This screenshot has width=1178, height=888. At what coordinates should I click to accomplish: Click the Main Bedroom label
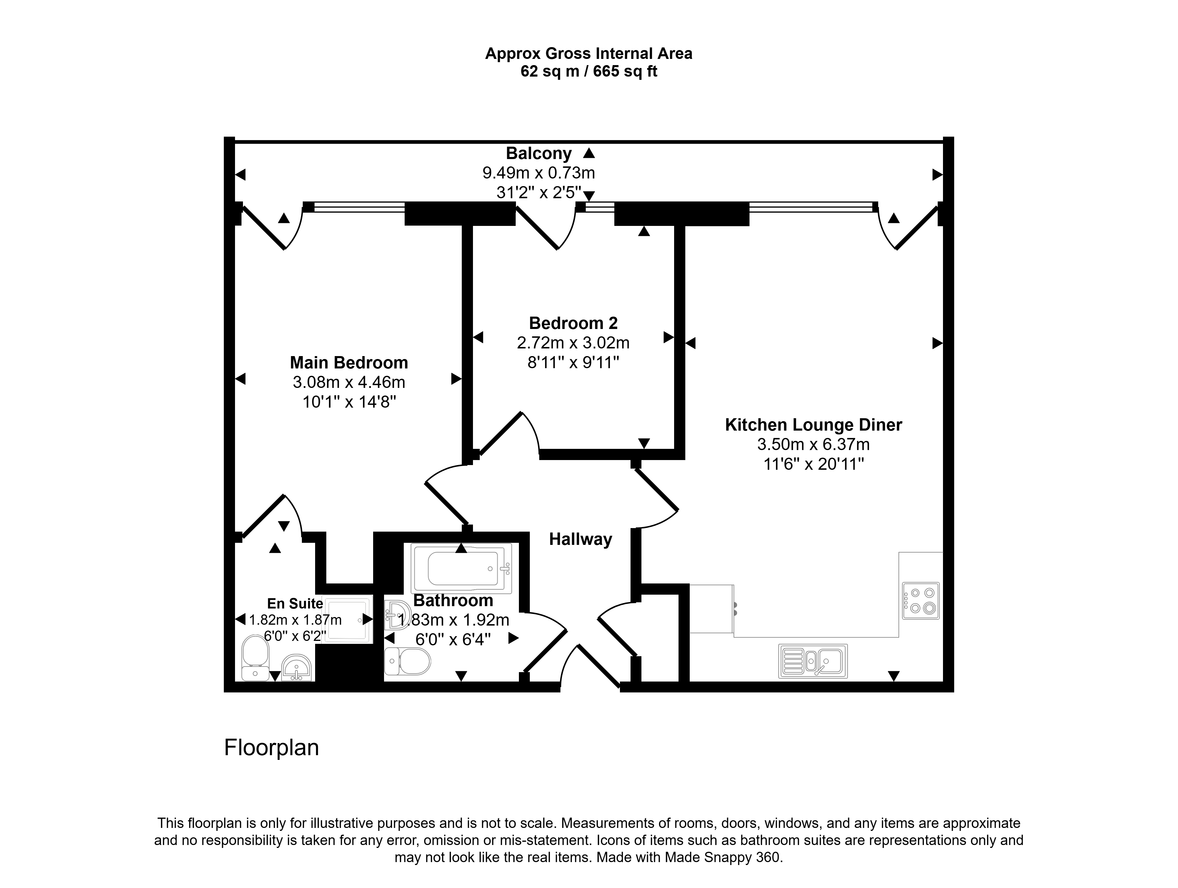point(349,363)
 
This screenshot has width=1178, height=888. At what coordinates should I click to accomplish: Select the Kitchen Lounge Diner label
point(814,425)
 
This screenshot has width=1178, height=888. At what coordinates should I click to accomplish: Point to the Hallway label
point(580,540)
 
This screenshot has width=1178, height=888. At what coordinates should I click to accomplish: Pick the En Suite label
point(295,603)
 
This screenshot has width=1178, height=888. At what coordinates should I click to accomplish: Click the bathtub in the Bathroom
point(461,568)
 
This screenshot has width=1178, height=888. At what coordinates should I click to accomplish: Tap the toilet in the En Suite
point(256,658)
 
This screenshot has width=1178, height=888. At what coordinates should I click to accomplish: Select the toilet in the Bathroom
point(407,662)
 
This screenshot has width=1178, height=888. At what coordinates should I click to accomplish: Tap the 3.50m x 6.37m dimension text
point(814,444)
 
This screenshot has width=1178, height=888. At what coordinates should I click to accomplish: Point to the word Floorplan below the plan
point(272,748)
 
